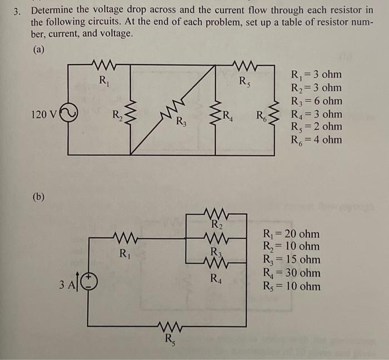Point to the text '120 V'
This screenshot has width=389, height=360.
[x=44, y=115]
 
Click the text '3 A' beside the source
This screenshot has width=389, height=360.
[x=67, y=285]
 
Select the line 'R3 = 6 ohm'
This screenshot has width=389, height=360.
[x=316, y=101]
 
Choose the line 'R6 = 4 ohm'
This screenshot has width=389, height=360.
[x=316, y=139]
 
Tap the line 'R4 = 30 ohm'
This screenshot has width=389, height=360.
[x=291, y=273]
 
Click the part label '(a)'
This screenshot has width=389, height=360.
[x=38, y=50]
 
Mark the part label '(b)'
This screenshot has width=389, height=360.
[x=38, y=196]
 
